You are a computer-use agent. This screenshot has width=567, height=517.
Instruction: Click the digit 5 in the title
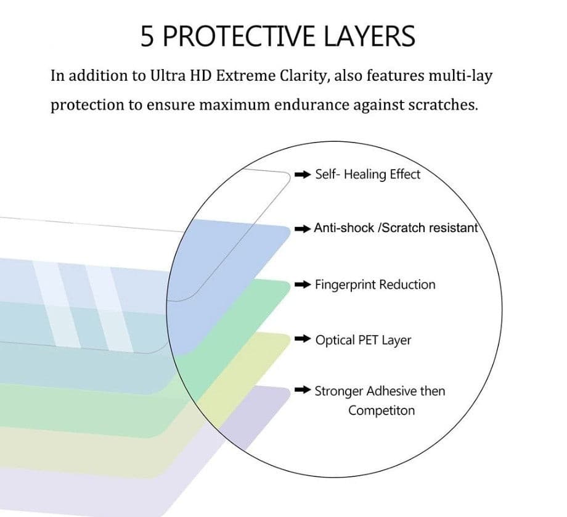pos(148,36)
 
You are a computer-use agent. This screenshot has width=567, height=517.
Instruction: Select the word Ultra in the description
pos(167,76)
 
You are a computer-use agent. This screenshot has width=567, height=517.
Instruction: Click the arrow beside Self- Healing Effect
pos(303,175)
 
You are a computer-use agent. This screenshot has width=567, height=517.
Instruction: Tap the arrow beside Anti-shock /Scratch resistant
pos(302,229)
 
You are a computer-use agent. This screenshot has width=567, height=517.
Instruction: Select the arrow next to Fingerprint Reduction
pos(303,285)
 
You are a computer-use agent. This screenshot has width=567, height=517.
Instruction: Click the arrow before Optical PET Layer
pos(303,340)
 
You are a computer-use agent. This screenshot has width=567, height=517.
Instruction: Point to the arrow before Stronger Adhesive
pos(303,391)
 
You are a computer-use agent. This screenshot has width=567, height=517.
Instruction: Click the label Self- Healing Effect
pos(367,175)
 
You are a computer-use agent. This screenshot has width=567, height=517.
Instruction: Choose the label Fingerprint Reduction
pos(375,285)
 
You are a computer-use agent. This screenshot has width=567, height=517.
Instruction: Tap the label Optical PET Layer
pos(363,340)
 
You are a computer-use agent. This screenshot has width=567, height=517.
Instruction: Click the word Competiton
pos(381,410)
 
